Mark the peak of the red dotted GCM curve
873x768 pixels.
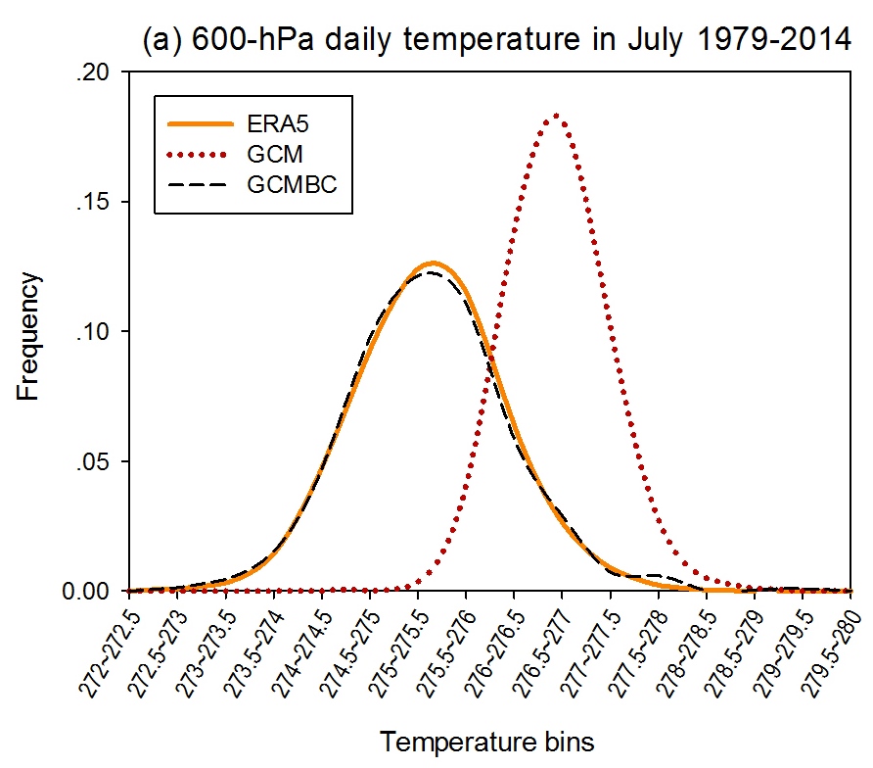coord(556,115)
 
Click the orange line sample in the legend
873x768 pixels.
coord(201,124)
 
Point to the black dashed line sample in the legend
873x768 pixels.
coord(201,184)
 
